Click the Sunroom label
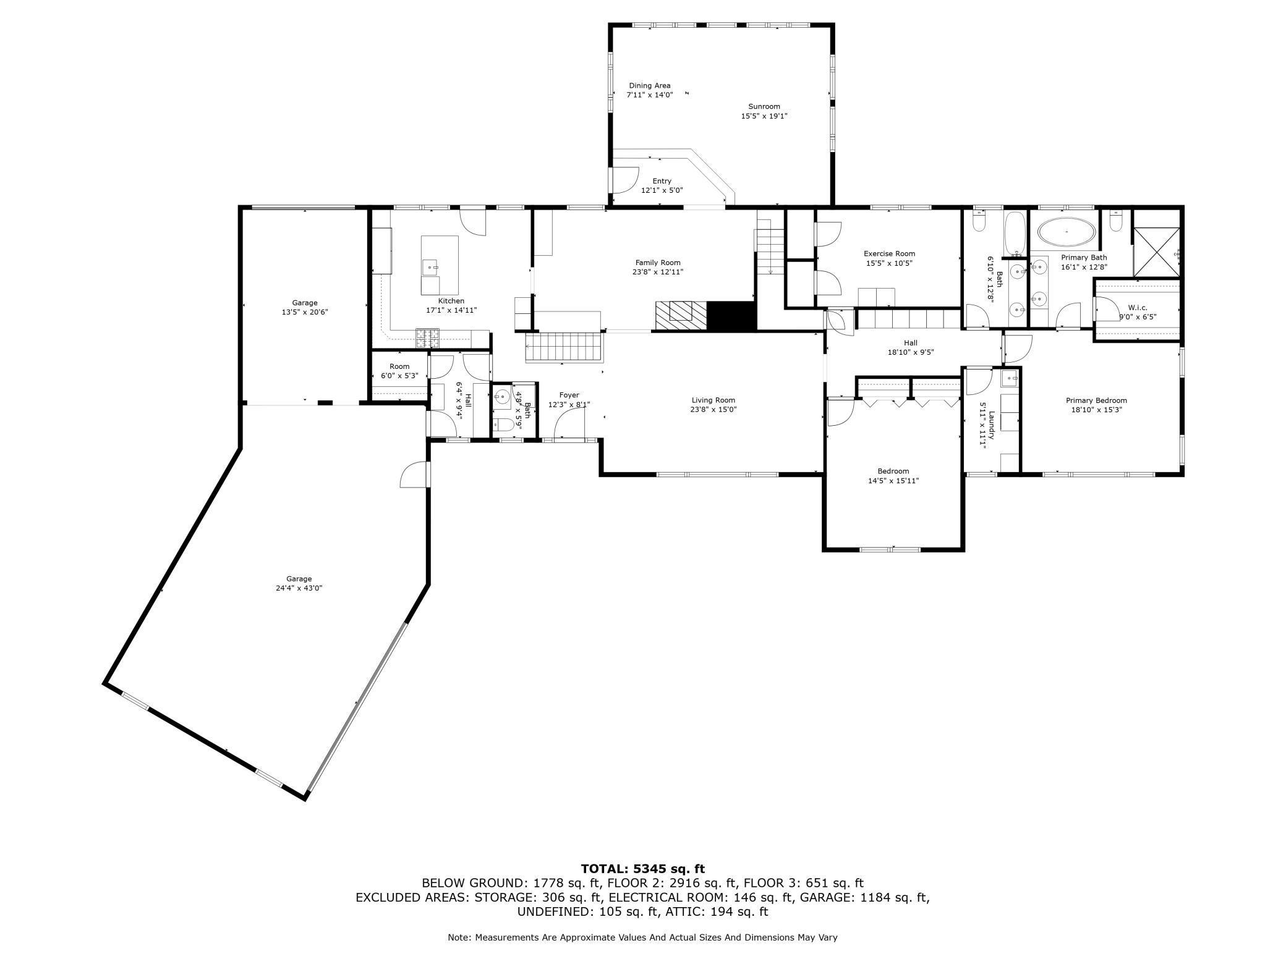tap(764, 106)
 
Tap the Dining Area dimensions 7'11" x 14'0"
tap(649, 95)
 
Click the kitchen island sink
tap(430, 268)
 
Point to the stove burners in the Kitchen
tap(427, 337)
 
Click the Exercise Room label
tap(889, 253)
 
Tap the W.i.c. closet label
tap(1138, 307)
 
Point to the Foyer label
tap(569, 395)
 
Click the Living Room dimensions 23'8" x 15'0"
tap(713, 409)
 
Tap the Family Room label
tap(658, 263)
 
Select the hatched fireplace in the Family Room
tap(681, 315)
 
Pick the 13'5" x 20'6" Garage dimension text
tap(305, 312)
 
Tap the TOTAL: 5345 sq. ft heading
tap(643, 869)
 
